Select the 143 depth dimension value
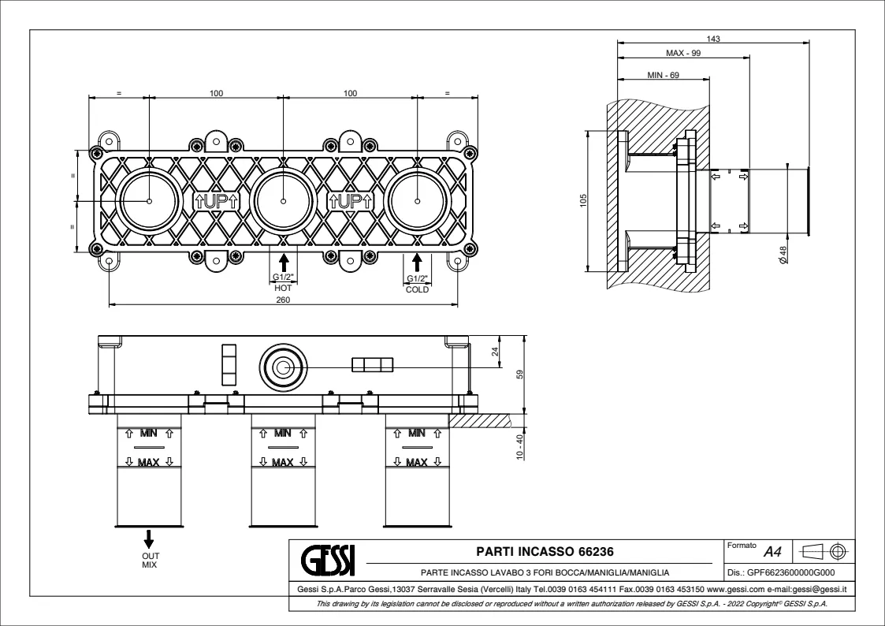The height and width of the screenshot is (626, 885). (714, 38)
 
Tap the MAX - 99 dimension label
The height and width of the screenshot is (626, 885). (683, 53)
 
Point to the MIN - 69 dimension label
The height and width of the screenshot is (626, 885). (663, 75)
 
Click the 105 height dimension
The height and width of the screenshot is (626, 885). (584, 200)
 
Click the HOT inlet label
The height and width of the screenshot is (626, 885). (283, 289)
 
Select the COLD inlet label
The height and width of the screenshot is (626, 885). (417, 289)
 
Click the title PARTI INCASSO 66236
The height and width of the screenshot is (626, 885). (545, 551)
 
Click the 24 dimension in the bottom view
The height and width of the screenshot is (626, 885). (496, 352)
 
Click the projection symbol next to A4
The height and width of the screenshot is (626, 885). (823, 550)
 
